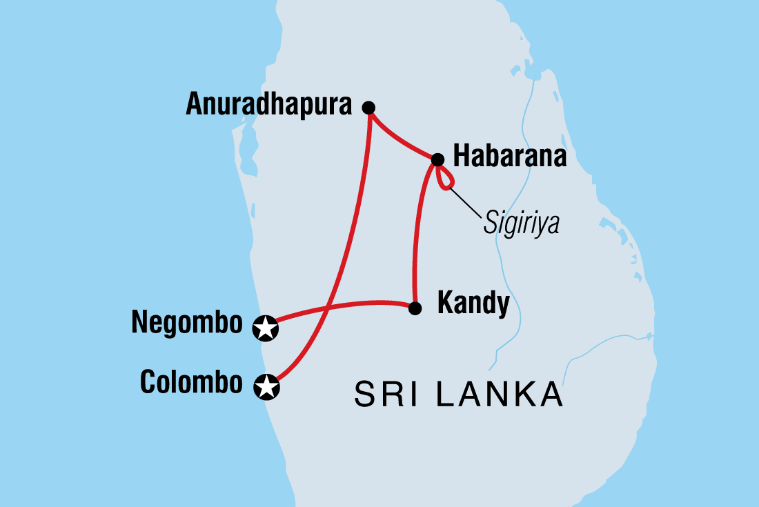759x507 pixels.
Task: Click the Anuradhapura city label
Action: pyautogui.click(x=269, y=105)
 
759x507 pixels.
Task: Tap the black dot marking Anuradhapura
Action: pyautogui.click(x=369, y=107)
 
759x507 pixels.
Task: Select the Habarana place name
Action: pyautogui.click(x=509, y=157)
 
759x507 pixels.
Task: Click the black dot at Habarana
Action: pyautogui.click(x=437, y=160)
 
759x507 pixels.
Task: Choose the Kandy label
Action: pyautogui.click(x=473, y=304)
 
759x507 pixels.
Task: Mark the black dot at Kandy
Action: pyautogui.click(x=415, y=308)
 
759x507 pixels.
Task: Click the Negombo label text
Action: pyautogui.click(x=187, y=323)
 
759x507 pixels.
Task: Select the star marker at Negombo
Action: pyautogui.click(x=266, y=328)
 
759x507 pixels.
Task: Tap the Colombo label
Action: pyautogui.click(x=191, y=382)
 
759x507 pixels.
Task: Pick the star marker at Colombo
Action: pyautogui.click(x=266, y=387)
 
